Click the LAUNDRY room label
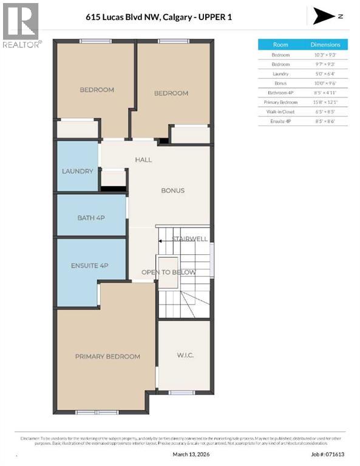pos(78,171)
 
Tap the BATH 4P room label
pos(92,217)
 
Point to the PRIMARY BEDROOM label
pos(107,356)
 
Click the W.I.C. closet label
pos(185,354)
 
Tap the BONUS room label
pos(172,191)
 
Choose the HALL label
pos(143,160)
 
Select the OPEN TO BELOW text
pos(168,272)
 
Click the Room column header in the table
pos(280,44)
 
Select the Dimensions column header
pos(325,44)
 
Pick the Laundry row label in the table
pos(280,73)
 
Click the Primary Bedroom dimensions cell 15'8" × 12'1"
pos(325,102)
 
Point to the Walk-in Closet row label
pos(280,112)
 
